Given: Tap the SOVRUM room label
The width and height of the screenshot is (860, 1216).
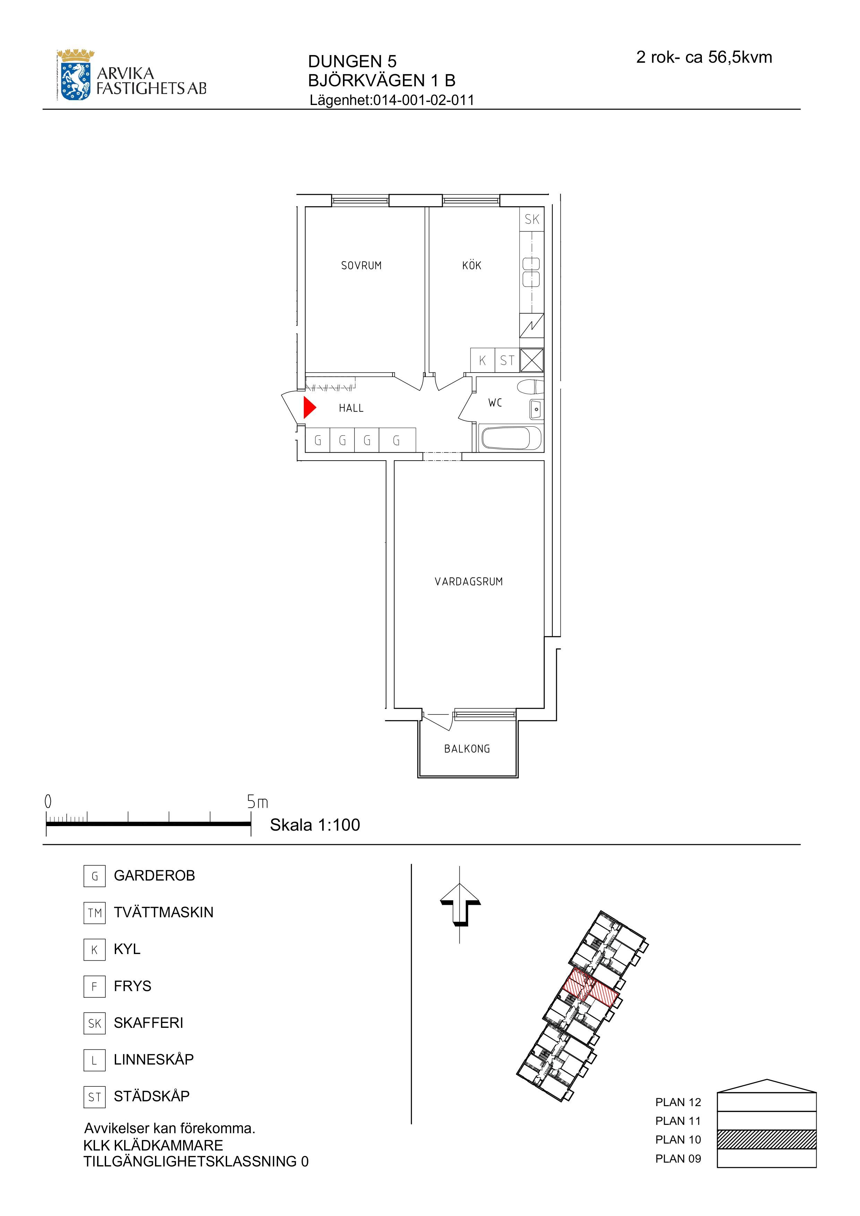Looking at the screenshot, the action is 361,266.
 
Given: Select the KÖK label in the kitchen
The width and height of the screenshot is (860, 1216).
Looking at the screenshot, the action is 472,265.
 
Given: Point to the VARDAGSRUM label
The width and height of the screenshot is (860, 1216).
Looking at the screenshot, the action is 468,581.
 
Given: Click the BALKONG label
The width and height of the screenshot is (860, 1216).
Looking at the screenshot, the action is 467,749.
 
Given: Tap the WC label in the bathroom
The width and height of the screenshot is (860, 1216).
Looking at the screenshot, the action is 495,403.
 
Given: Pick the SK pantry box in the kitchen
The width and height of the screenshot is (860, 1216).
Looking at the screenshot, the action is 532,219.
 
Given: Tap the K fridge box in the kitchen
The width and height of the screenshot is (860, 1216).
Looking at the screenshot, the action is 483,360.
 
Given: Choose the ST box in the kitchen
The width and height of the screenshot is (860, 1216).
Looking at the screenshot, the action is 507,360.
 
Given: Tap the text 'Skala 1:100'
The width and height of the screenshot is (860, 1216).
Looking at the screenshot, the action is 315,825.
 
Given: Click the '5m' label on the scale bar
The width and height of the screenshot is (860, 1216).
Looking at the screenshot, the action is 258,802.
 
